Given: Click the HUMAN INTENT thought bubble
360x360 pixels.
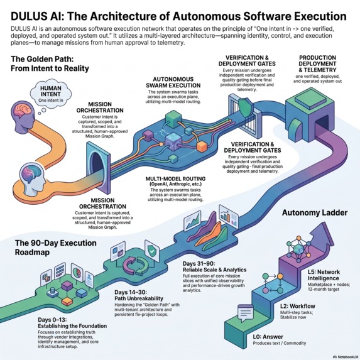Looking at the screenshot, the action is [51, 94].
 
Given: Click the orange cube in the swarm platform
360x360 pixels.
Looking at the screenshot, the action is [202, 147].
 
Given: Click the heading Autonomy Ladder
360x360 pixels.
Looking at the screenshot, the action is [315, 212].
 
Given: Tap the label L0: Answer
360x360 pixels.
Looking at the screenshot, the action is [268, 337].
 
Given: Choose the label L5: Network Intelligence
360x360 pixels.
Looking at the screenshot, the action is [324, 275].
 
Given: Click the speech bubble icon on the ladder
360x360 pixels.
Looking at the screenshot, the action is [245, 313].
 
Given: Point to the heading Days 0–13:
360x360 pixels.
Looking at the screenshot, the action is [52, 320].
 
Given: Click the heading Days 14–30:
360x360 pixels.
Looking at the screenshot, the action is [131, 292].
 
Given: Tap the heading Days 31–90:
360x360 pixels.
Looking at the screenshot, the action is [199, 264].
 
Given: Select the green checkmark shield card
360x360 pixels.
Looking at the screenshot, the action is [152, 251].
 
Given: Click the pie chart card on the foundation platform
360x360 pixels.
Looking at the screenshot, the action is [77, 272].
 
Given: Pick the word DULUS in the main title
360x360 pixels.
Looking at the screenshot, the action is [26, 17].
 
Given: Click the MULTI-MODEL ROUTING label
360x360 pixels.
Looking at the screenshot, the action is [176, 178].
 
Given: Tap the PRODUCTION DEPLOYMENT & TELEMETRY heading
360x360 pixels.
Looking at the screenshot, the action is [317, 63].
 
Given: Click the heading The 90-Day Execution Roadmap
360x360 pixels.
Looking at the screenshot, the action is [56, 248].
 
